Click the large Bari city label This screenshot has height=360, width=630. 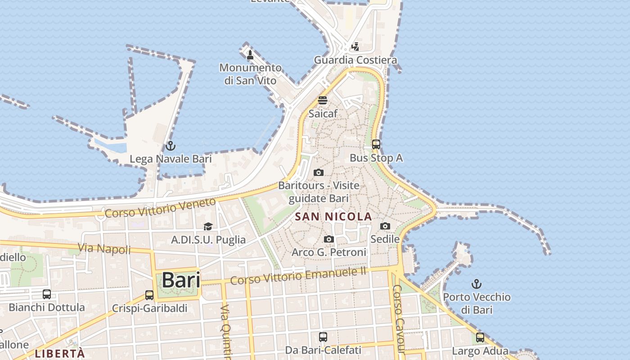click(181, 280)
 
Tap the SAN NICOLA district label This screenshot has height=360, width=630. click(333, 216)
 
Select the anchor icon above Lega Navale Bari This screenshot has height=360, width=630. click(170, 146)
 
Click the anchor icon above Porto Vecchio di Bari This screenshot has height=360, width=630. click(476, 283)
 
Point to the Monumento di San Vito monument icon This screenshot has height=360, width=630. click(250, 55)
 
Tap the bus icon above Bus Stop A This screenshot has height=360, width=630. click(376, 144)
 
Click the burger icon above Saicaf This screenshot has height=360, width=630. click(323, 100)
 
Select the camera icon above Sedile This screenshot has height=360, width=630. click(385, 226)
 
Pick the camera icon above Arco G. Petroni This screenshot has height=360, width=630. click(329, 239)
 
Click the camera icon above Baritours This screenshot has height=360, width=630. click(319, 172)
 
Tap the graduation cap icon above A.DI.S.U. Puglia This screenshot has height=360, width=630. click(208, 226)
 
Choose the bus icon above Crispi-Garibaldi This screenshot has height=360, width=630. click(149, 295)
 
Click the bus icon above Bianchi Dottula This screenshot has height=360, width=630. click(47, 294)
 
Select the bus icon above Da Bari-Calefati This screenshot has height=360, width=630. click(323, 337)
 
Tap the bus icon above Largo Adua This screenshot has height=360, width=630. click(480, 337)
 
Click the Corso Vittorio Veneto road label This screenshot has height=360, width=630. click(160, 208)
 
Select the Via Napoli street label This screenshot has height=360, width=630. click(104, 248)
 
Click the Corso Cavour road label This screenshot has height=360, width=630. click(399, 319)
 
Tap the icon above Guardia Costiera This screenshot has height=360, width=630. click(355, 46)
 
